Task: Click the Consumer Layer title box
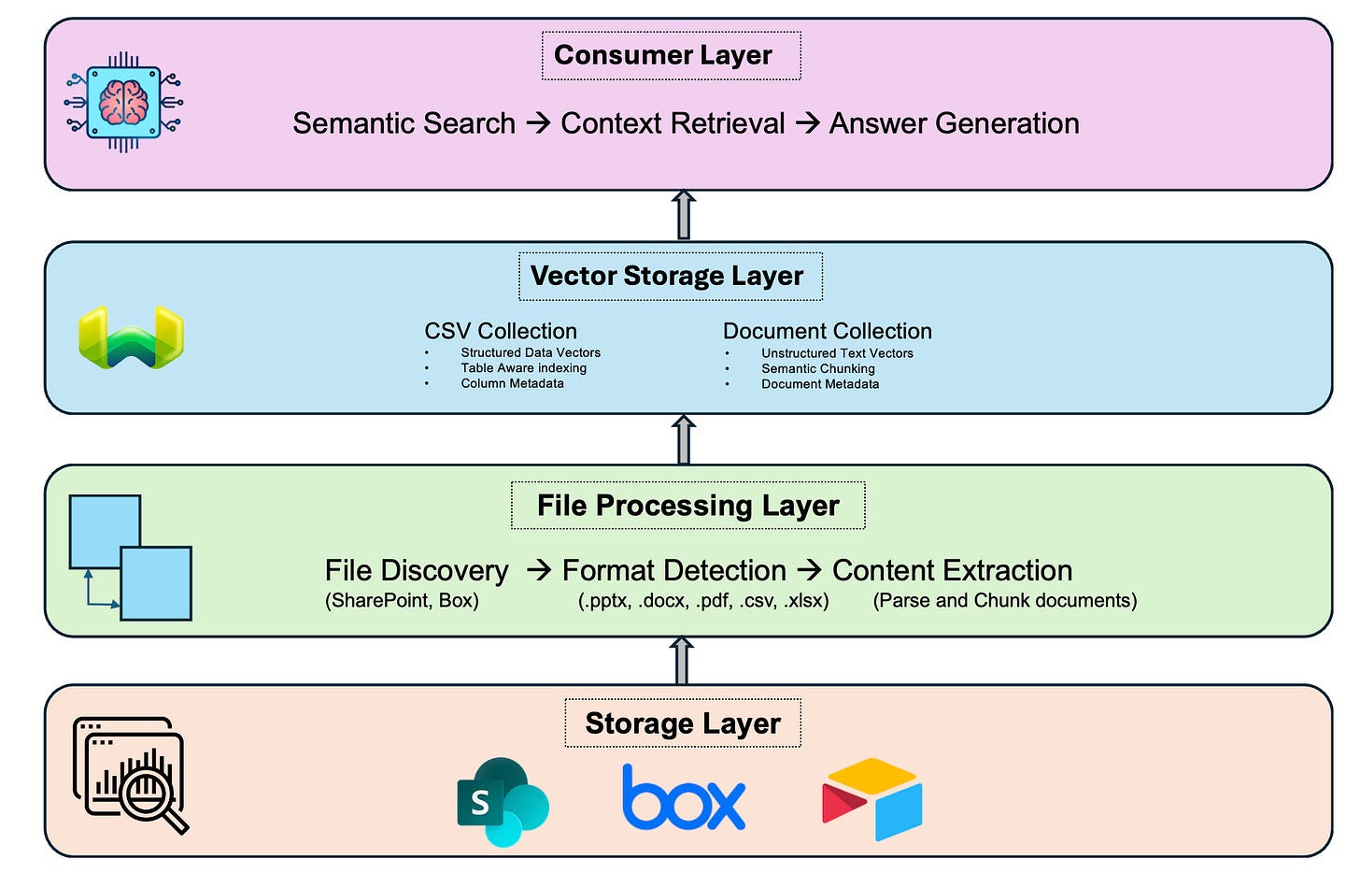click(x=671, y=56)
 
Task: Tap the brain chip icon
click(x=123, y=103)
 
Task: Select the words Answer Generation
click(x=954, y=123)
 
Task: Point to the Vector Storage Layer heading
click(x=670, y=276)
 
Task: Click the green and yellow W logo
click(x=131, y=337)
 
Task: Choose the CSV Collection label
click(x=501, y=331)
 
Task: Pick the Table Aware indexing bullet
click(x=523, y=368)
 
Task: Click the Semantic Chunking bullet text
click(x=817, y=369)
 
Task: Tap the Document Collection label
click(x=827, y=331)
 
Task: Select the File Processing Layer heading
click(x=687, y=506)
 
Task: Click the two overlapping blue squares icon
click(x=130, y=558)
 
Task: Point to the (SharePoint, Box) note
click(x=402, y=601)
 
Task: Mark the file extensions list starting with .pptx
click(x=703, y=601)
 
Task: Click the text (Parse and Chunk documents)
click(x=1004, y=601)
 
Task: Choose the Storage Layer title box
click(x=682, y=723)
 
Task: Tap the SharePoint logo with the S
click(x=503, y=802)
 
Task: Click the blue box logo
click(x=684, y=799)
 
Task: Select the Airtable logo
click(x=872, y=799)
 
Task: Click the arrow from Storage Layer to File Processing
click(x=682, y=661)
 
